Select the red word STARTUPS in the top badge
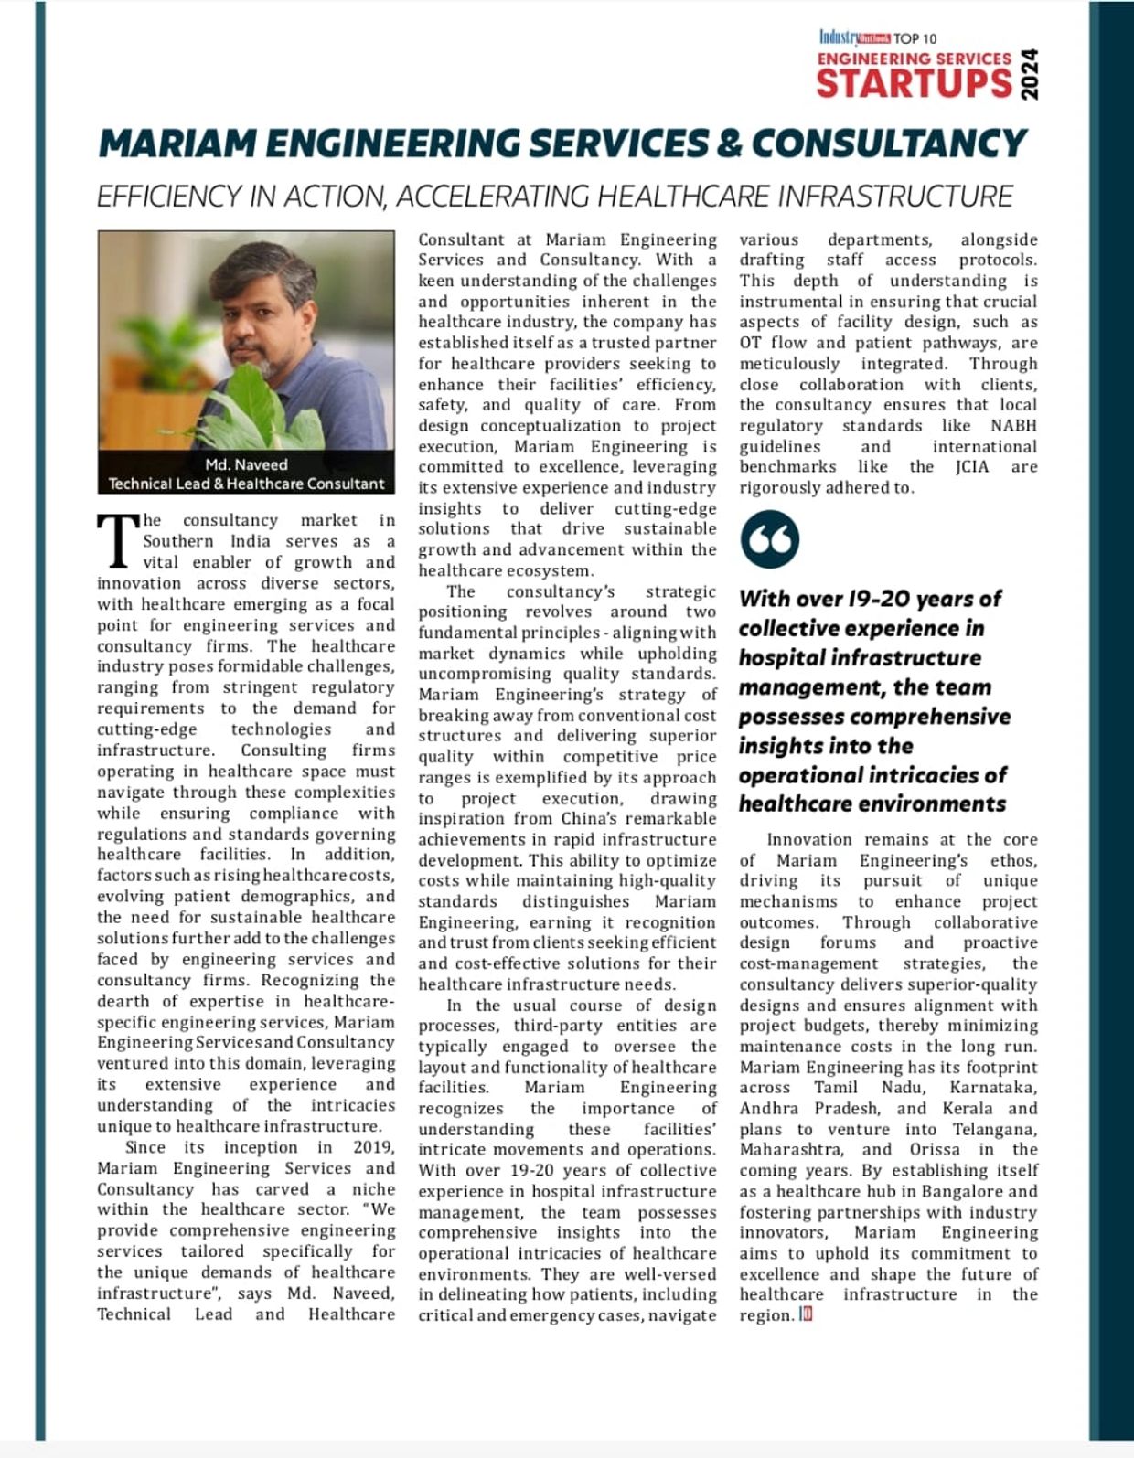click(914, 83)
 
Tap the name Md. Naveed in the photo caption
click(246, 464)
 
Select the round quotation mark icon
click(769, 539)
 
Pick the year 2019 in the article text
click(373, 1147)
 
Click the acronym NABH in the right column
click(1013, 426)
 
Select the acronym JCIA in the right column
click(970, 467)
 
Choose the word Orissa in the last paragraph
click(935, 1150)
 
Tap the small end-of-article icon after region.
click(806, 1314)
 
